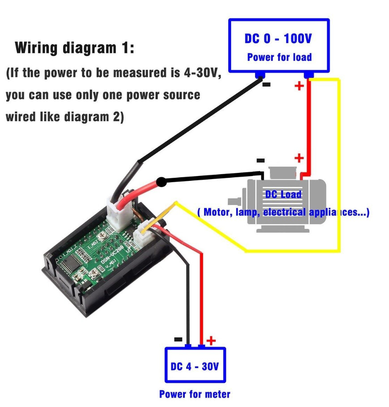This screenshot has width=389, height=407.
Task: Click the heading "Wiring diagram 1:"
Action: pos(74,48)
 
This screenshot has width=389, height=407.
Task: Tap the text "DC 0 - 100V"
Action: pos(278,39)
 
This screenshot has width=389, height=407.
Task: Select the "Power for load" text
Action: pos(279,57)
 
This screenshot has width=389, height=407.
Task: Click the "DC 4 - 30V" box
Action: pos(195,365)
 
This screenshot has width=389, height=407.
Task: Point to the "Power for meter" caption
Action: pos(195,394)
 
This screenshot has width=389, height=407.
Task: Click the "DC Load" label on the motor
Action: pos(283,194)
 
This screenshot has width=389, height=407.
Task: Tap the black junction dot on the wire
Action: pos(162,182)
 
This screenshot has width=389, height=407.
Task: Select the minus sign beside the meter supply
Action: pos(178,339)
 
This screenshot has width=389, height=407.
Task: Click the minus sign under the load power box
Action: pos(266,84)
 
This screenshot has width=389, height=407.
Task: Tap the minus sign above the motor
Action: pos(261,160)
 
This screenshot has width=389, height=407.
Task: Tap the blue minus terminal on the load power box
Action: pos(259,75)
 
